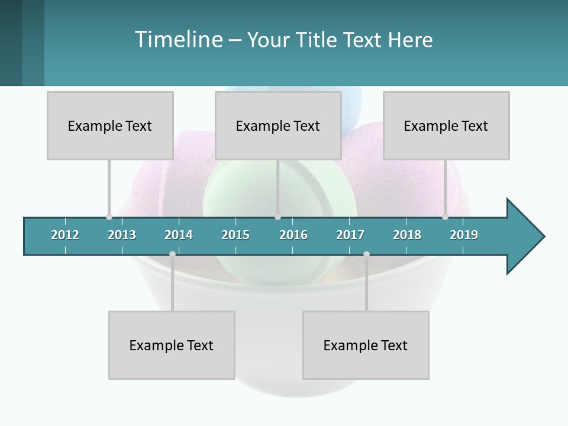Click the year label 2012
click(x=65, y=235)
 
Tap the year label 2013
click(x=122, y=235)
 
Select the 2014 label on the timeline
click(x=179, y=235)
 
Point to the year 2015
click(x=235, y=235)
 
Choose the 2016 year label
click(x=293, y=235)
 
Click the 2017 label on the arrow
click(x=350, y=235)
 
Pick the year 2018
click(x=407, y=235)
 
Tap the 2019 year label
click(x=464, y=235)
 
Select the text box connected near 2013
click(x=110, y=125)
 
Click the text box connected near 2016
click(x=278, y=125)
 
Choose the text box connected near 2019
click(x=446, y=125)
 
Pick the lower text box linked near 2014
click(x=172, y=345)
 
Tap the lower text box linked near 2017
click(x=366, y=345)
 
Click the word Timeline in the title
click(x=177, y=40)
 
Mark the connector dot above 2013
click(x=109, y=217)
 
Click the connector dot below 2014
click(x=172, y=254)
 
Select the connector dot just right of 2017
click(x=366, y=254)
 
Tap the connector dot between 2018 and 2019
click(x=445, y=217)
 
